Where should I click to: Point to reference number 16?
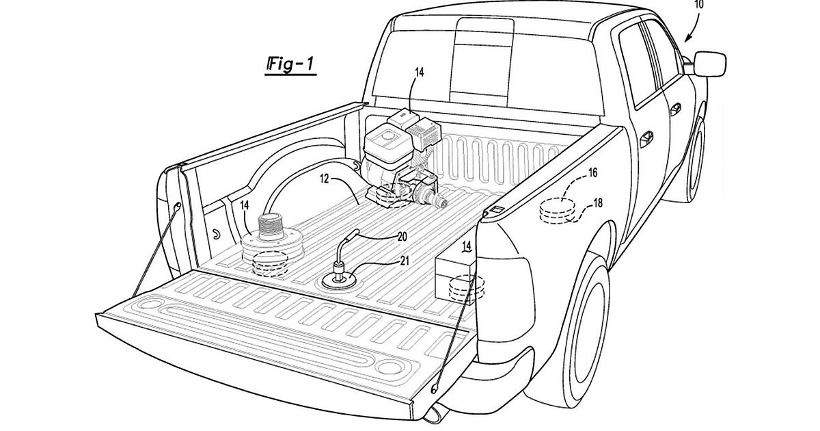pyautogui.click(x=592, y=174)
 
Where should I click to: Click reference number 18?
pyautogui.click(x=597, y=203)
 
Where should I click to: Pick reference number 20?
pyautogui.click(x=402, y=237)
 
